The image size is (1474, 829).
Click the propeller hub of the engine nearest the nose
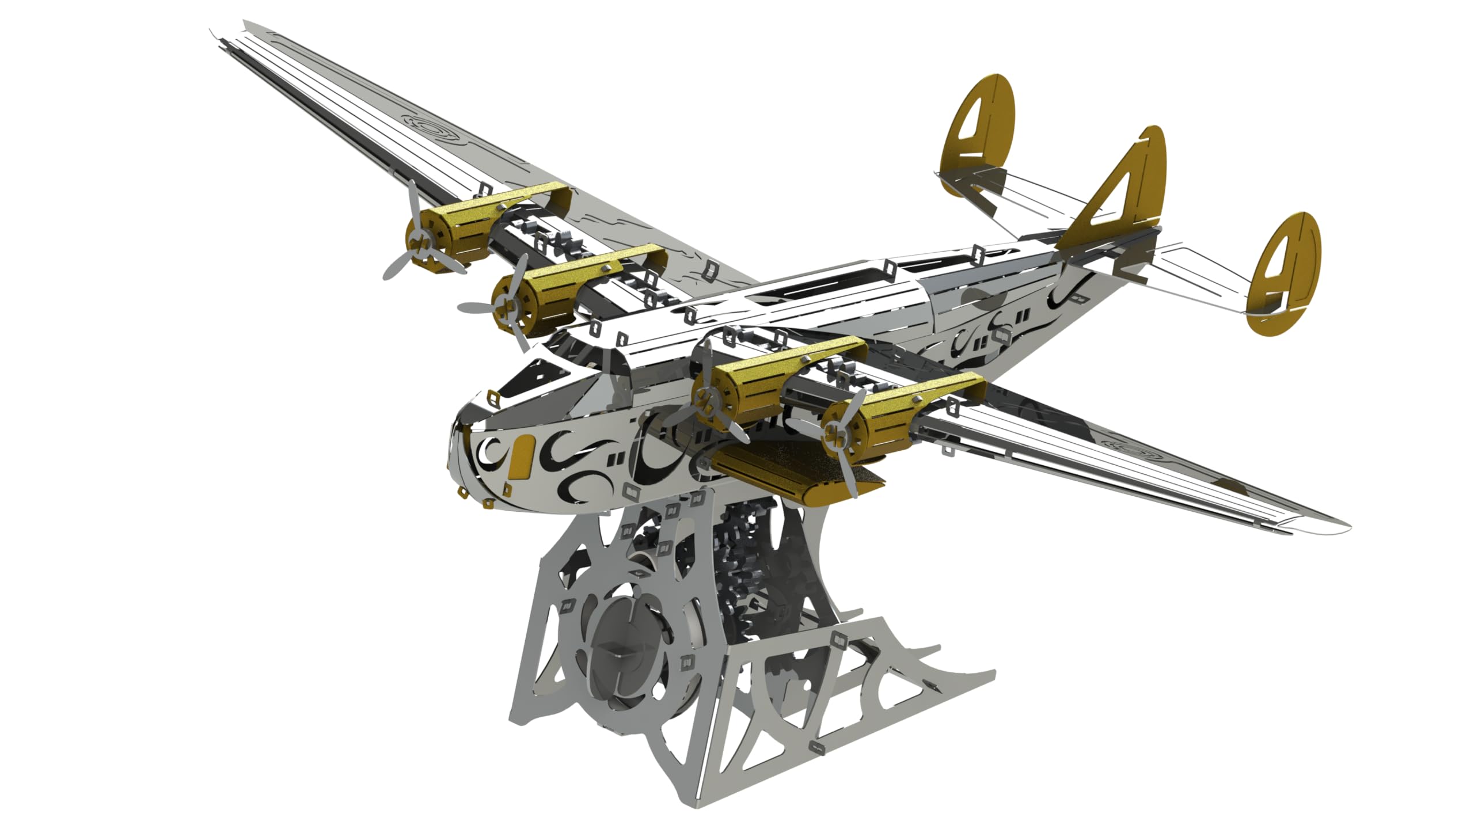coord(704,396)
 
